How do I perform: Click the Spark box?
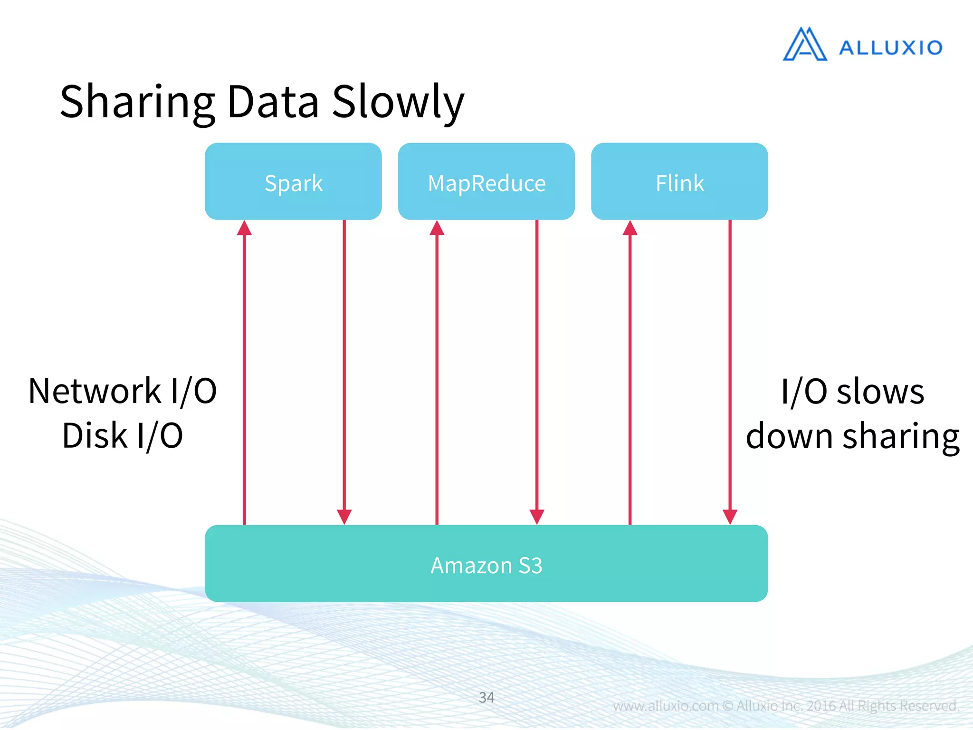point(293,182)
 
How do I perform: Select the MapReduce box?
point(486,182)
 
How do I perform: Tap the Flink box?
point(679,182)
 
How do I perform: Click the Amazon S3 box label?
point(486,566)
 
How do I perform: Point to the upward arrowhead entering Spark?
point(244,229)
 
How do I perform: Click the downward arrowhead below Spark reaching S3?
point(344,516)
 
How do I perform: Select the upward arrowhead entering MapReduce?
point(437,229)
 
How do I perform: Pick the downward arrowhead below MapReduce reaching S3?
point(537,516)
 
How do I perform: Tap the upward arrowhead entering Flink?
point(630,229)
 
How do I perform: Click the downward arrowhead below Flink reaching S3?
point(730,516)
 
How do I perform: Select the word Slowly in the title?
point(398,103)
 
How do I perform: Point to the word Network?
point(95,391)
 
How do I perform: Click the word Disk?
point(95,435)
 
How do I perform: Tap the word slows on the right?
point(880,393)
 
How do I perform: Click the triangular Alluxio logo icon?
point(804,45)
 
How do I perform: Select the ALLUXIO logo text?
point(890,48)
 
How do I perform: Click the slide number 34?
point(486,697)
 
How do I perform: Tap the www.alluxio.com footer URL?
point(665,706)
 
